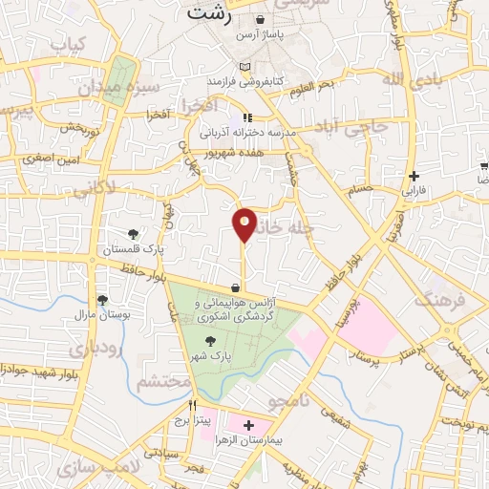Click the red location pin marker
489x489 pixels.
(244, 224)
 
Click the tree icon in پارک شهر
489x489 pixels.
(209, 339)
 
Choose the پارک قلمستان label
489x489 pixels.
(135, 248)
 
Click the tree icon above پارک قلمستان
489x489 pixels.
(133, 234)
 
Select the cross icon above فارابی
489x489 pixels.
(414, 176)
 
